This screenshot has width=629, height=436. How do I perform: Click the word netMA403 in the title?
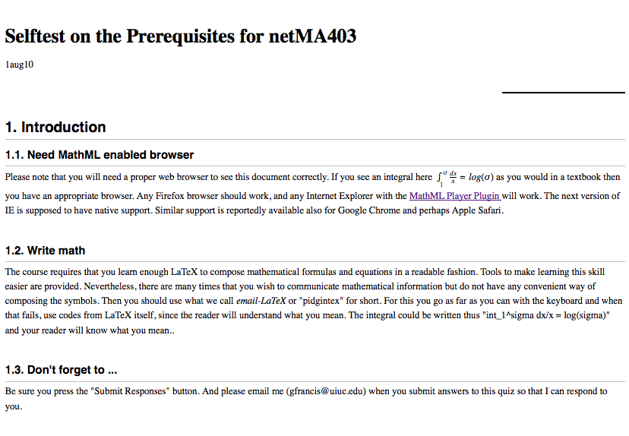(312, 36)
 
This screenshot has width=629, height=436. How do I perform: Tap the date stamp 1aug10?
(19, 65)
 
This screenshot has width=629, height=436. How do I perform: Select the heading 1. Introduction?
(55, 127)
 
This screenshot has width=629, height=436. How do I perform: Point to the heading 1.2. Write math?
(45, 251)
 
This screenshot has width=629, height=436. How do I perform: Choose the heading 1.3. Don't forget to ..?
(61, 370)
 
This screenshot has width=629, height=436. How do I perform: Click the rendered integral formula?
(463, 178)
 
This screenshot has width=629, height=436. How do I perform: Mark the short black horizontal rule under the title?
(563, 92)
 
